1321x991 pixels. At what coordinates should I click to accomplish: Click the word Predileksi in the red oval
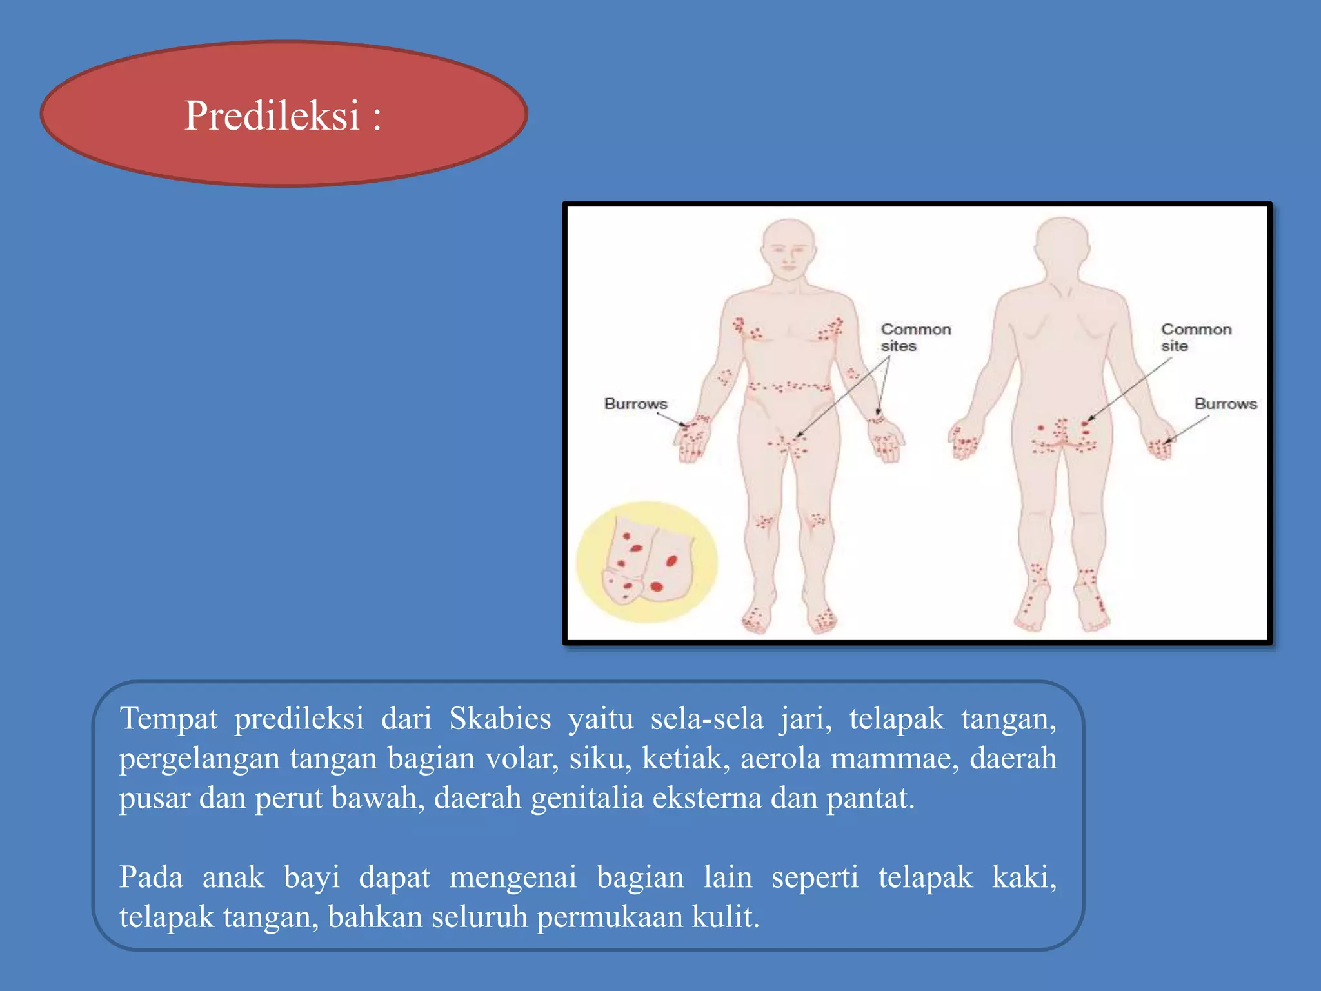pos(272,116)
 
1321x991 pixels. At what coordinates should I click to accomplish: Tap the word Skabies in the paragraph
pos(500,719)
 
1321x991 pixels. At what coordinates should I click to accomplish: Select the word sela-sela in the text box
pos(706,719)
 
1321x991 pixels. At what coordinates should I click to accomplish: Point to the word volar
pos(522,759)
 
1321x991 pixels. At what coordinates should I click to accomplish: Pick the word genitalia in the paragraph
pos(587,799)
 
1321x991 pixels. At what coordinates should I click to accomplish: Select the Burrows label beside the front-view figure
pos(635,404)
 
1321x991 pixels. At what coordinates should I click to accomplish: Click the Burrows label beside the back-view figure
pos(1226,404)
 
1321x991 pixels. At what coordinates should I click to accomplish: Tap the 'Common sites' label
pos(915,337)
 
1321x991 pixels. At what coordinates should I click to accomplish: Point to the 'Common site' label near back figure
pos(1196,337)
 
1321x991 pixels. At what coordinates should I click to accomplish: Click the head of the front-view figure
pos(788,248)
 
